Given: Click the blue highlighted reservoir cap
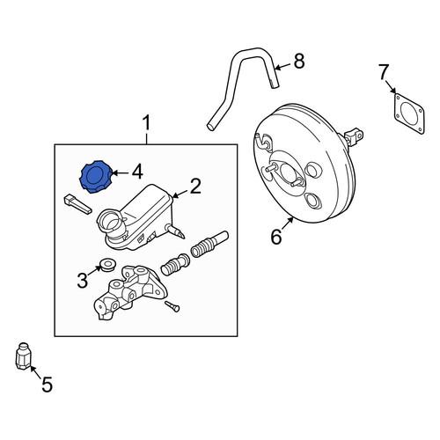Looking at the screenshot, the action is click(96, 177).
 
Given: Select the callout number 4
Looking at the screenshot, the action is click(137, 172).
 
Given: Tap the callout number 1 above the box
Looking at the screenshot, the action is click(146, 123).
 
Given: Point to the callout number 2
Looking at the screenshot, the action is click(195, 186).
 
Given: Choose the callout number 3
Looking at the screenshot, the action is click(83, 280).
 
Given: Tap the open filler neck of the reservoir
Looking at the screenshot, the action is click(110, 221).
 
